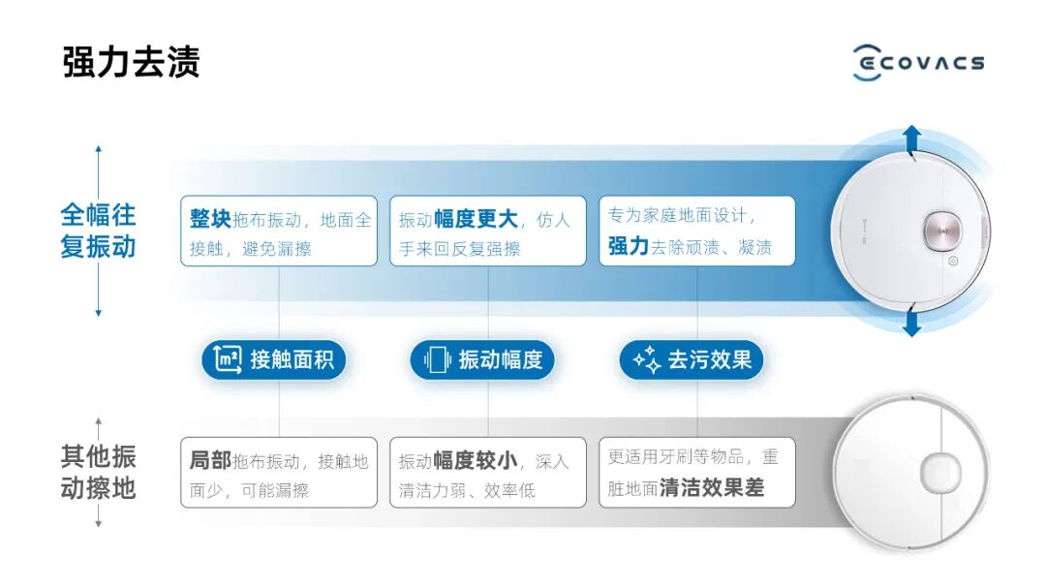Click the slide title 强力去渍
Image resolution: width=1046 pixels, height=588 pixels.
point(131,62)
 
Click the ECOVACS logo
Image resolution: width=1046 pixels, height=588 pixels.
point(918,62)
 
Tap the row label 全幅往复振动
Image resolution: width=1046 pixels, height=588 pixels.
point(98,231)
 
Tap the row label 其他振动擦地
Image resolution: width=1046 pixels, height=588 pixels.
point(98,472)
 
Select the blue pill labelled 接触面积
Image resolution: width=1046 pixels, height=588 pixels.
point(273,360)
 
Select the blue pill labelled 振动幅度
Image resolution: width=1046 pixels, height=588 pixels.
point(482,360)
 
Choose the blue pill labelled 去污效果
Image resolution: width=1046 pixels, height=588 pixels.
point(692,360)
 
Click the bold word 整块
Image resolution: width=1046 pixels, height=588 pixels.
point(210,219)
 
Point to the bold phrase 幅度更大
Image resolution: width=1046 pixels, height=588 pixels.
point(476,219)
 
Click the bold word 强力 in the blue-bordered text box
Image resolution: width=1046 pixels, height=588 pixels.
point(628,246)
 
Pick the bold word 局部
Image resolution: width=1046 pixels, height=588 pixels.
point(210,461)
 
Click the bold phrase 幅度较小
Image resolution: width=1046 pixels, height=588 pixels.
point(476,461)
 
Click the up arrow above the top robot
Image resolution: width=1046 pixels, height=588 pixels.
point(911,139)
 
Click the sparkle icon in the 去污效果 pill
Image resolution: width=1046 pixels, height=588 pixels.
point(646,360)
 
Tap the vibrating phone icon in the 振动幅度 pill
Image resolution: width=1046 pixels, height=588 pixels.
point(437,360)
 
